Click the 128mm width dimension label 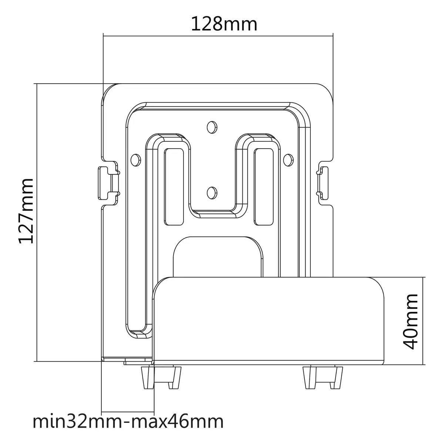click(224, 24)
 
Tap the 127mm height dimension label click(26, 211)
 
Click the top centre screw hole click(212, 127)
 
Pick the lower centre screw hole click(212, 193)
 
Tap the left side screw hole click(136, 160)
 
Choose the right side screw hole click(288, 160)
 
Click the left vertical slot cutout click(174, 187)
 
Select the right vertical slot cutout click(264, 187)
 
